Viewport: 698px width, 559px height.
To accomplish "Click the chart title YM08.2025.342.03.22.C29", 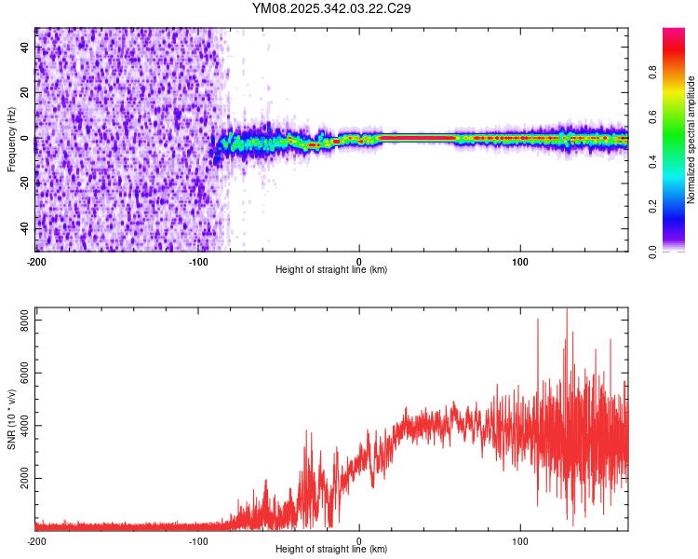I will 332,8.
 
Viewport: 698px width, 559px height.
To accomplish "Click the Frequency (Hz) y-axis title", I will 11,139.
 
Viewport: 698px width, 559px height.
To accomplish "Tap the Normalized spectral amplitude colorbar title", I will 691,140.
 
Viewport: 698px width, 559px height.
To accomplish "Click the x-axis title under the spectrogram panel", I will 331,270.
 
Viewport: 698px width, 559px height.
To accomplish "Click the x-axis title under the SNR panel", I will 331,550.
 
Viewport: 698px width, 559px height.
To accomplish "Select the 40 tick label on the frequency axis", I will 24,48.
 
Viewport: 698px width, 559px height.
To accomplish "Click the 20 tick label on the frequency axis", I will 24,93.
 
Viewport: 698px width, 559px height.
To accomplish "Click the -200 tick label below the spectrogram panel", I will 36,261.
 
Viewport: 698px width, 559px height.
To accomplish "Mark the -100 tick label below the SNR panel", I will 198,540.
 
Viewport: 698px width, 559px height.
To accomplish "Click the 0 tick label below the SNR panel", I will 359,540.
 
